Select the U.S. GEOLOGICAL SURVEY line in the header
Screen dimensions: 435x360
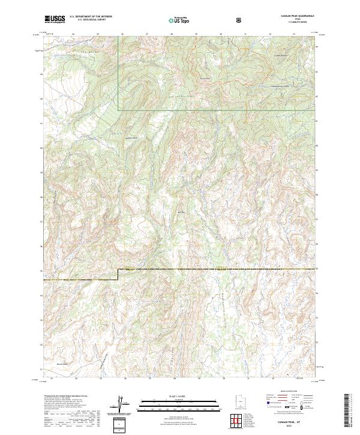point(91,20)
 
